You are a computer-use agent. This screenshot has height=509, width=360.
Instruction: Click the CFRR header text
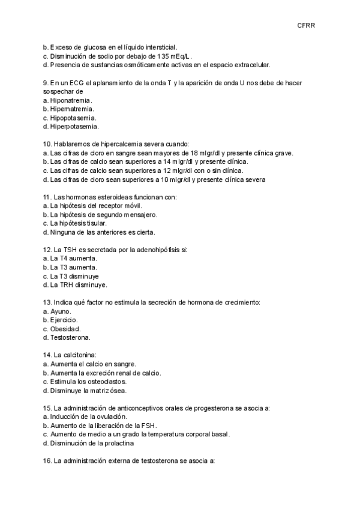[306, 25]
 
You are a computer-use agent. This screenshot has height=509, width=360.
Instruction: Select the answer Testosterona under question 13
[70, 338]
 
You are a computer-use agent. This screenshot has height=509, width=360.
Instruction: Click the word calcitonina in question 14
[88, 355]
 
